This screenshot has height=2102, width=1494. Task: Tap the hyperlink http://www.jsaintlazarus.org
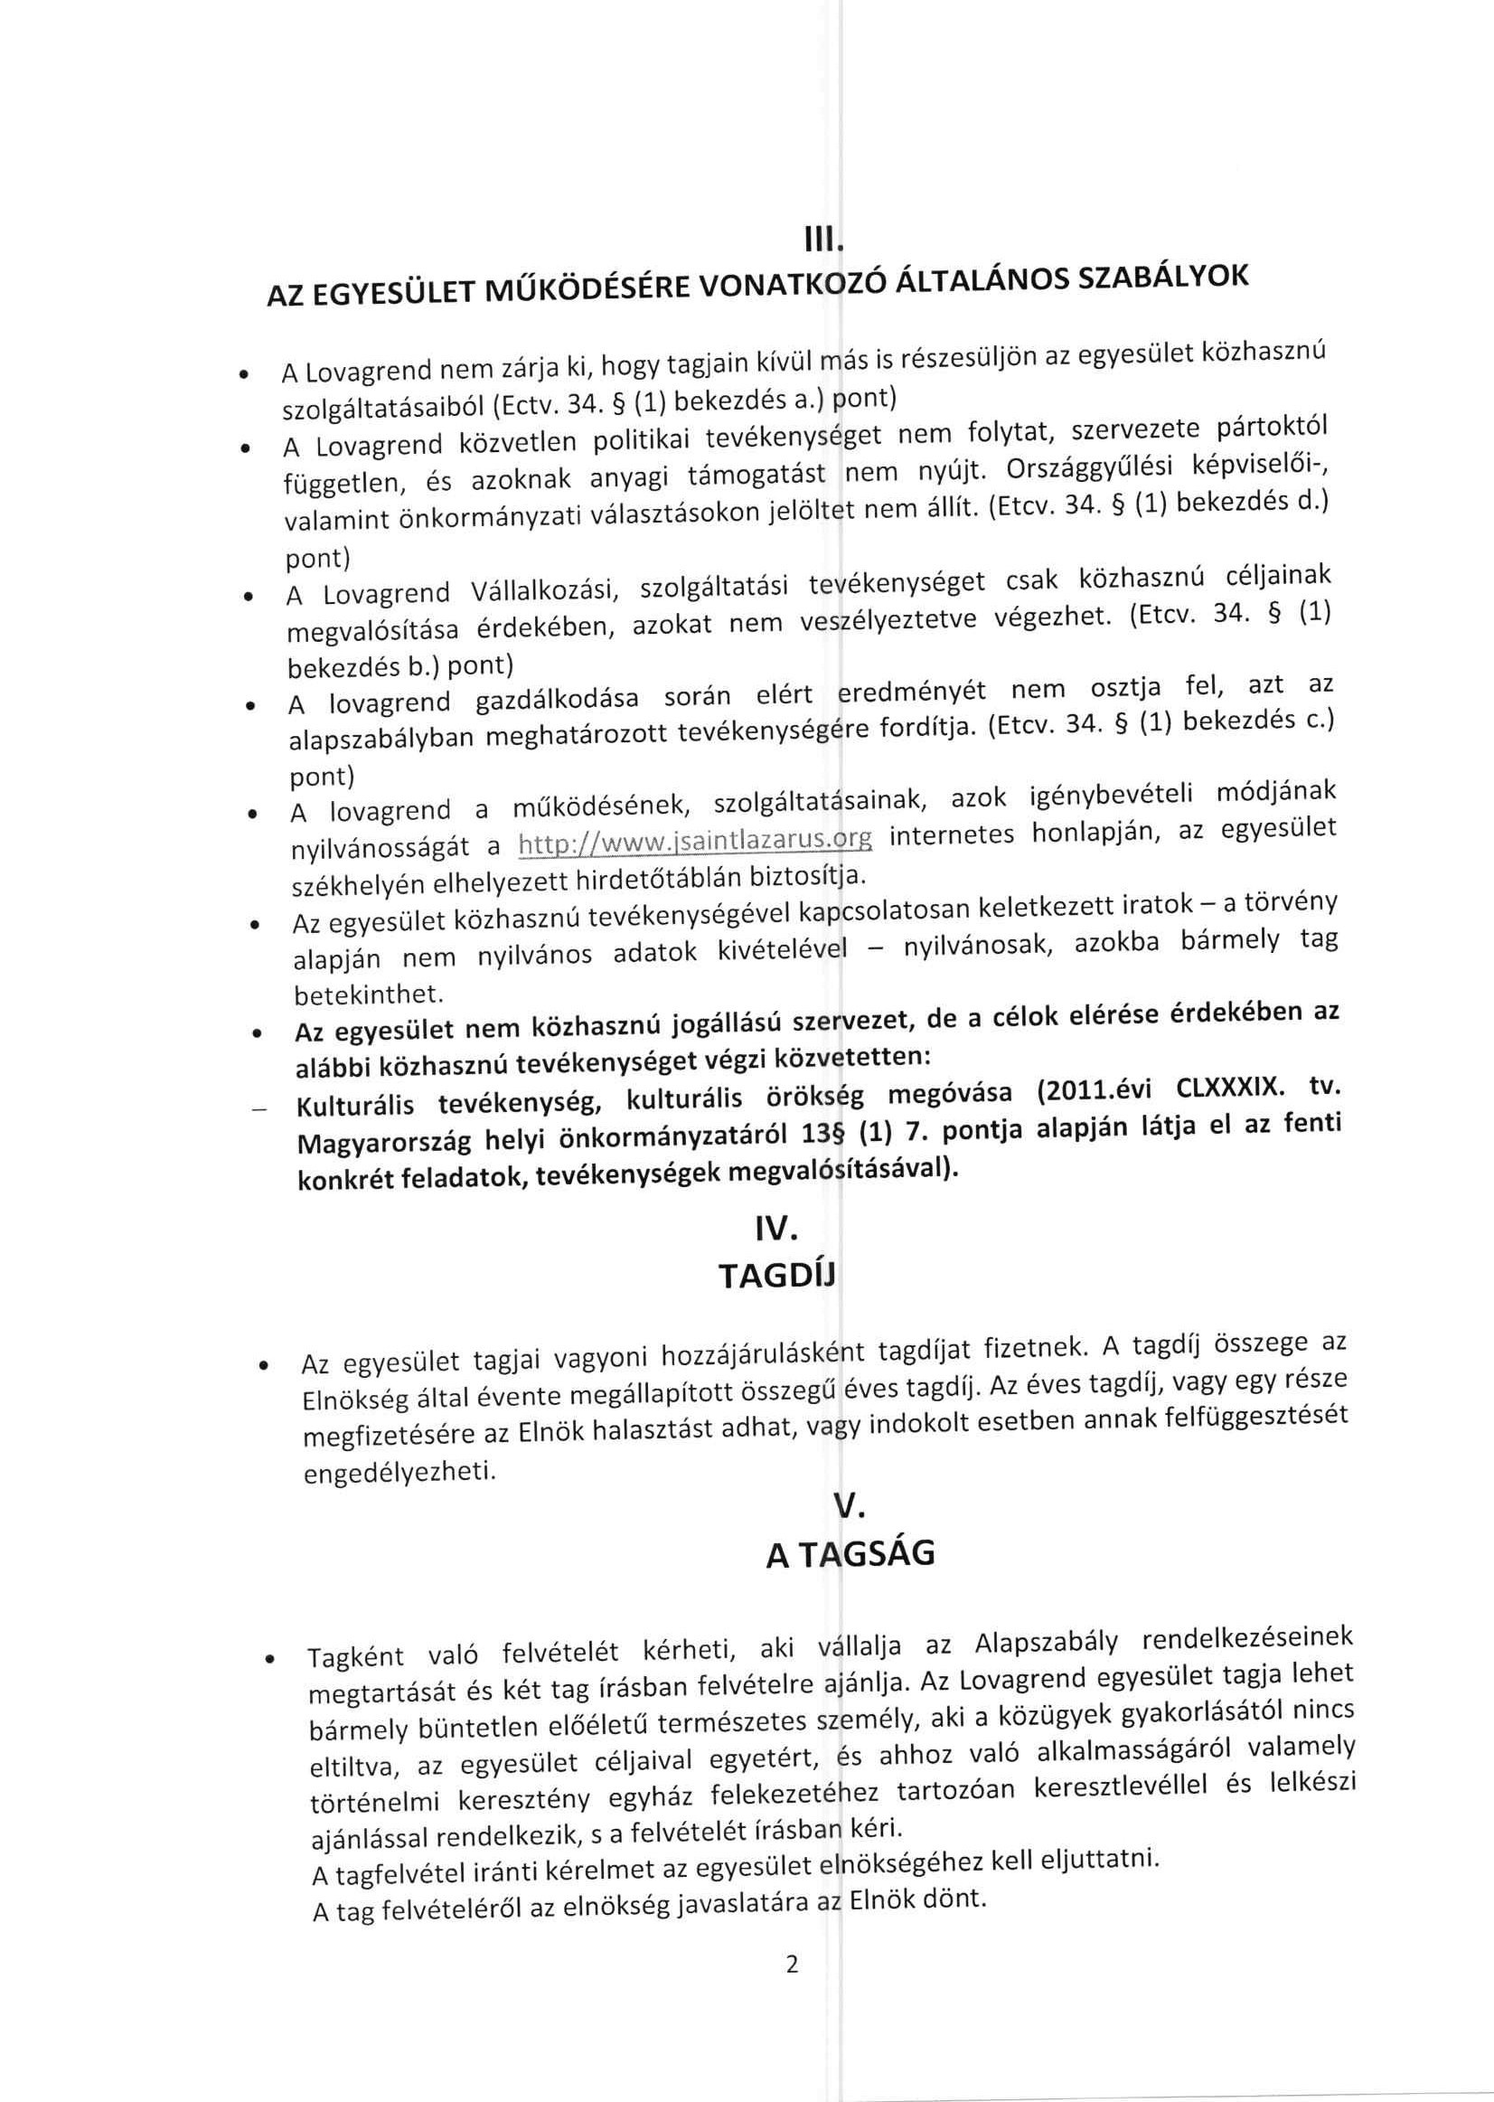(696, 841)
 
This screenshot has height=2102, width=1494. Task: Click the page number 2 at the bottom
(792, 1965)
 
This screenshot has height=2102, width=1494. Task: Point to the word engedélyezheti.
(399, 1473)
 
